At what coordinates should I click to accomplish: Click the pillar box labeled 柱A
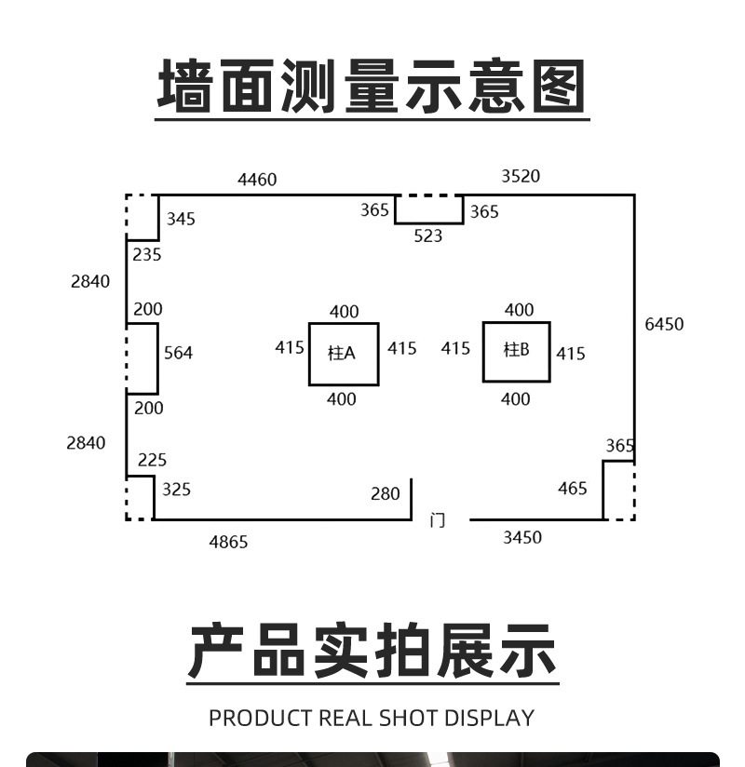pyautogui.click(x=344, y=354)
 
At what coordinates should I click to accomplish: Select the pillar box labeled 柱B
pyautogui.click(x=516, y=351)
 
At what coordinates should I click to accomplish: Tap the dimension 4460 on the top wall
pyautogui.click(x=257, y=180)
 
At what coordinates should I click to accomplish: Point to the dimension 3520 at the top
pyautogui.click(x=521, y=176)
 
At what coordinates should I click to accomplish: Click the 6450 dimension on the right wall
pyautogui.click(x=664, y=324)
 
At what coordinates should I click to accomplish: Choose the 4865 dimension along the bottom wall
pyautogui.click(x=228, y=542)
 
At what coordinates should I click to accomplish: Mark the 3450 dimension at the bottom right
pyautogui.click(x=522, y=537)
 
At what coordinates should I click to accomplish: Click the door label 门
pyautogui.click(x=437, y=520)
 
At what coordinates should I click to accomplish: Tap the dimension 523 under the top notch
pyautogui.click(x=428, y=236)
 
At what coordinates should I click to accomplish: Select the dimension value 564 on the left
pyautogui.click(x=178, y=353)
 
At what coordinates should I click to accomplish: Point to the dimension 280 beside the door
pyautogui.click(x=385, y=494)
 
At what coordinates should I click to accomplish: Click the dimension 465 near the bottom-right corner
pyautogui.click(x=573, y=489)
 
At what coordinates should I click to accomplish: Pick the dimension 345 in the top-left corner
pyautogui.click(x=181, y=219)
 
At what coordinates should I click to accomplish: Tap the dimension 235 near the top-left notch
pyautogui.click(x=146, y=254)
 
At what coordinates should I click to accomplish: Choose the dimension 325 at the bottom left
pyautogui.click(x=176, y=489)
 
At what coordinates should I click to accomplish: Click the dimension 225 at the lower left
pyautogui.click(x=152, y=460)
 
